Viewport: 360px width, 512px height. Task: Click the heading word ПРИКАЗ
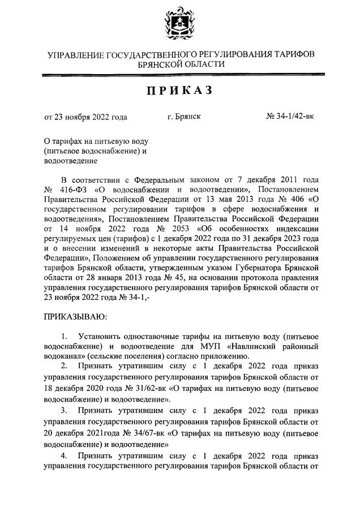(179, 91)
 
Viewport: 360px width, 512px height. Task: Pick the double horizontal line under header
(179, 73)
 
